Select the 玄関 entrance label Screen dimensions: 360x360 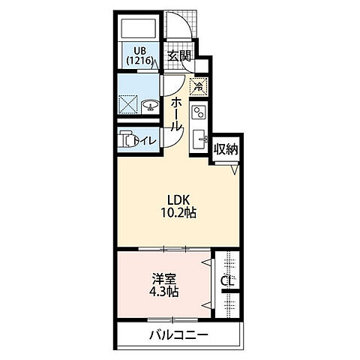[x=178, y=55]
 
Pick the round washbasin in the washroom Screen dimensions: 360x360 [x=148, y=106]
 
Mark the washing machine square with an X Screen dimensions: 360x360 [x=127, y=104]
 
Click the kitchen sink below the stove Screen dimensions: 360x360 [x=200, y=139]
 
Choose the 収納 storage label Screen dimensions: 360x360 [x=226, y=149]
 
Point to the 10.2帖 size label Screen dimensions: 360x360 [x=179, y=212]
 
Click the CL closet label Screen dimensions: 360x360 [x=226, y=281]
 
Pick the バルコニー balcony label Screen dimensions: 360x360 [x=178, y=334]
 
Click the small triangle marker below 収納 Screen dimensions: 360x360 [x=235, y=172]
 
